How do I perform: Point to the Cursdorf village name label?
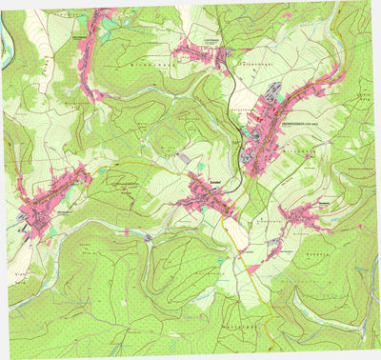[x=203, y=177]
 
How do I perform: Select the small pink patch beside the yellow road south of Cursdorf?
[x=254, y=270]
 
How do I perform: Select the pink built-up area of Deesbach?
[x=305, y=214]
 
